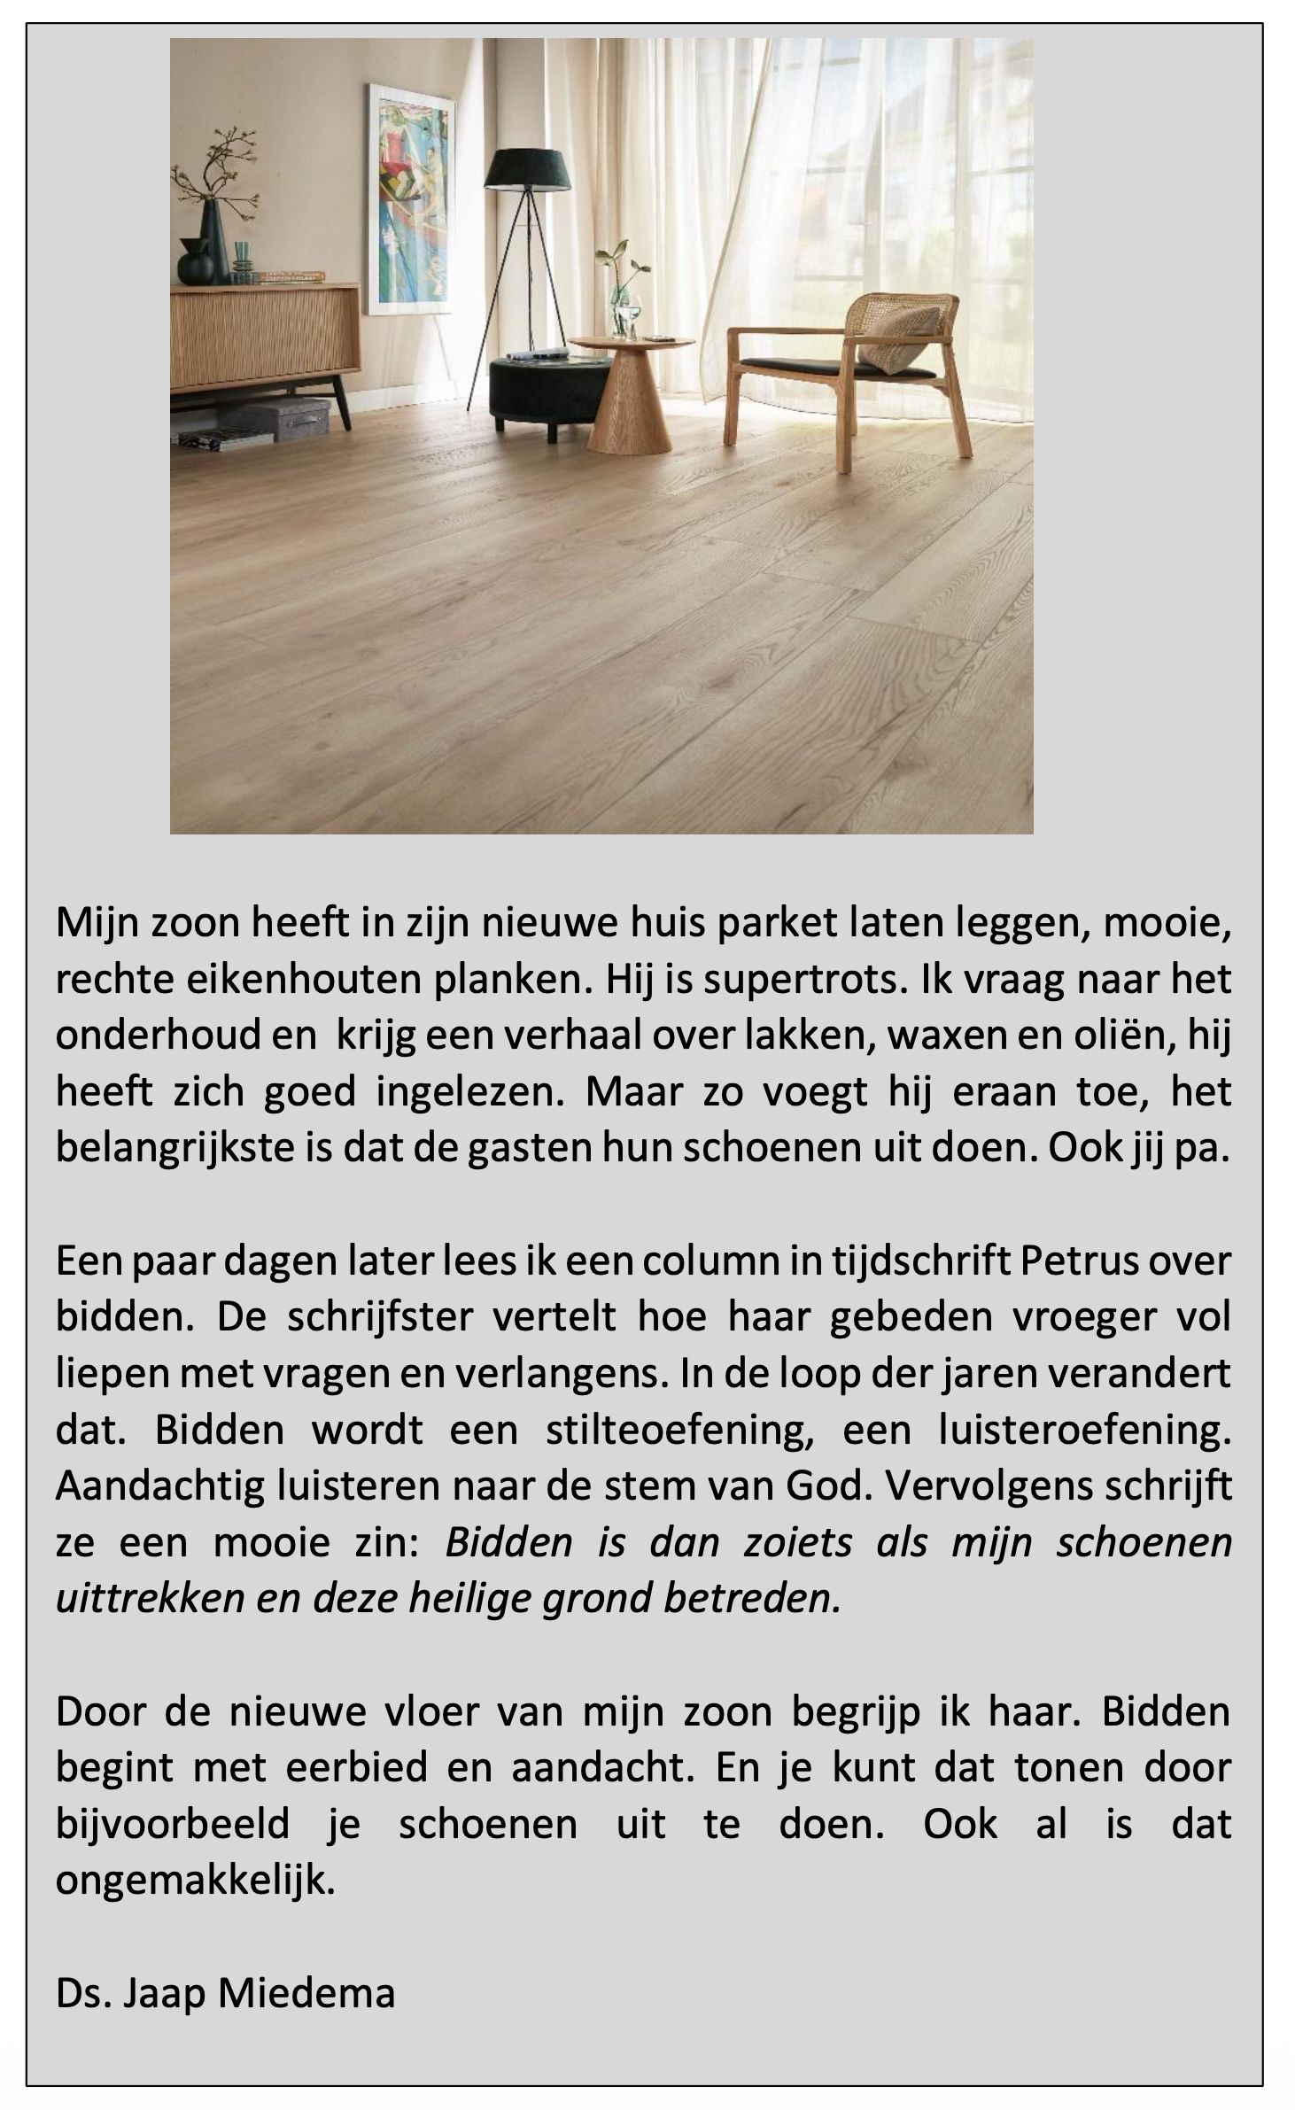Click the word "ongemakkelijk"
coord(196,1880)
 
